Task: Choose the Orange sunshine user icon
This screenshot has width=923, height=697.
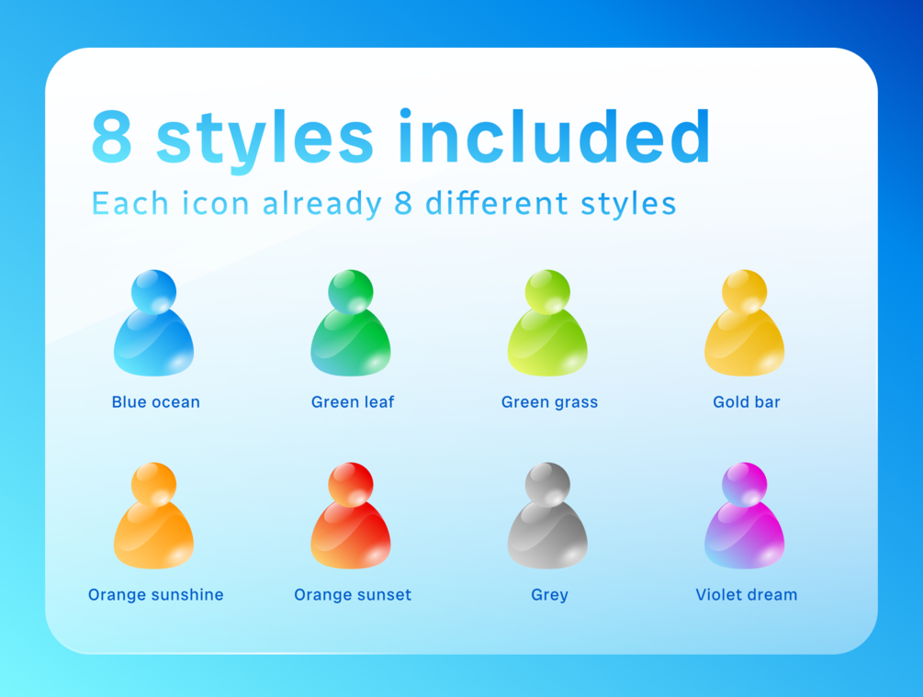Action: pos(153,516)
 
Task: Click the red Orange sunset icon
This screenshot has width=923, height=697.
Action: pos(351,516)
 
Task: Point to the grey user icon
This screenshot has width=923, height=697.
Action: pos(547,516)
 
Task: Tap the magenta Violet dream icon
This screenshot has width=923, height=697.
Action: pos(745,516)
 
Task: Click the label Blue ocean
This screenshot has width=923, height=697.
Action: pos(156,402)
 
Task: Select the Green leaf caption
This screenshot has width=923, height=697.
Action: pos(353,402)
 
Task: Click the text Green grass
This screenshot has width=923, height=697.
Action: pos(550,402)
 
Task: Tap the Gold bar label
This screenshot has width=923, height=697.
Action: pos(747,402)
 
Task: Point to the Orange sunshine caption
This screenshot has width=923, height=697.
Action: pos(156,595)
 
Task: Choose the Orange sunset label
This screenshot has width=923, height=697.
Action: pos(353,595)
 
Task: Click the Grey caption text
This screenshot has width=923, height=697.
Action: pos(550,595)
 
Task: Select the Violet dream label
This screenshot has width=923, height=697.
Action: pos(747,594)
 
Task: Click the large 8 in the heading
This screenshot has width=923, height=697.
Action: pos(112,136)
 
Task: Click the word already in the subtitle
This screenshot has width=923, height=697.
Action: pos(322,204)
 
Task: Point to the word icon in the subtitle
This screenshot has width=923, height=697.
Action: pos(216,203)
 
